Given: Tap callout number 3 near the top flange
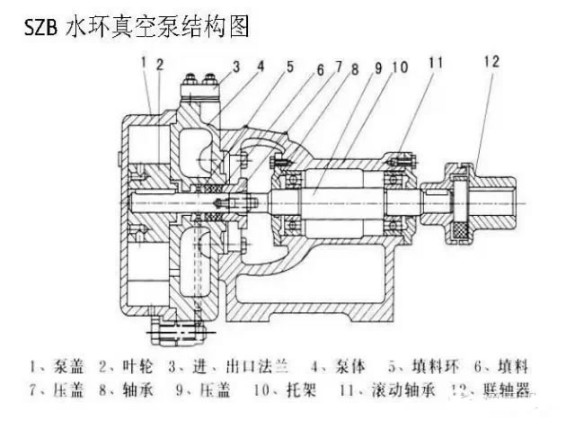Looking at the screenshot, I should pos(235,66).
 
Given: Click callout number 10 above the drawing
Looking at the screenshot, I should pos(399,66).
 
